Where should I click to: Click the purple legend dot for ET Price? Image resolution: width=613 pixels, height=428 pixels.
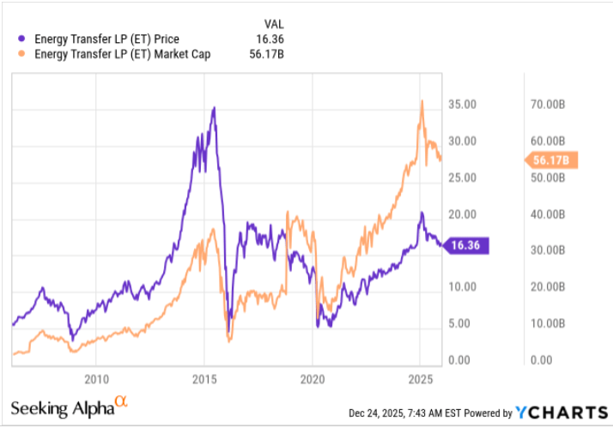coord(21,39)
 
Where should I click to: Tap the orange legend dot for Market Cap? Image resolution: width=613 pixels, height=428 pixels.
coord(21,53)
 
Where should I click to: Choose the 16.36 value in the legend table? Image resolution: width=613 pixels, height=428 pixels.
coord(270,39)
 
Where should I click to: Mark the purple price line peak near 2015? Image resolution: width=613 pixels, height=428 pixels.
coord(214,108)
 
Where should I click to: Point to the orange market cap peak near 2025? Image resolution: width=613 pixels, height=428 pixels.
coord(422,101)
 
